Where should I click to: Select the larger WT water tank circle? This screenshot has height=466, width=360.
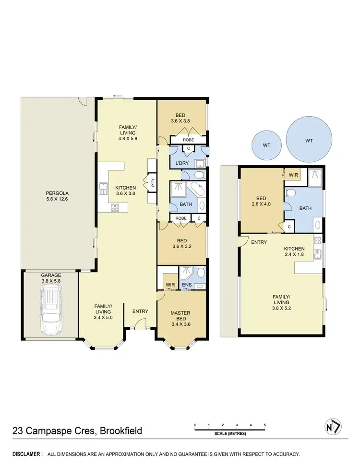click(309, 141)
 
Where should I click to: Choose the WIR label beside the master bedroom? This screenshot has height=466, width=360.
click(170, 285)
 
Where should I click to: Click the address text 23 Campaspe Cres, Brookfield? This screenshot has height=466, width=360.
click(76, 430)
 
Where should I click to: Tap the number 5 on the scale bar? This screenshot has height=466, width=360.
click(264, 425)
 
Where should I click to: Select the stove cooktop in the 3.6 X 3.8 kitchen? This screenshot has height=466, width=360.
click(115, 208)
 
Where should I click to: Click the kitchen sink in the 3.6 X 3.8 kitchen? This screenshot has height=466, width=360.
click(103, 188)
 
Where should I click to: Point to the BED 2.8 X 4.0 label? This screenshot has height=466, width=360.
click(261, 201)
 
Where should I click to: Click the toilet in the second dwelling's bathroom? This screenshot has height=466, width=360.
click(290, 193)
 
